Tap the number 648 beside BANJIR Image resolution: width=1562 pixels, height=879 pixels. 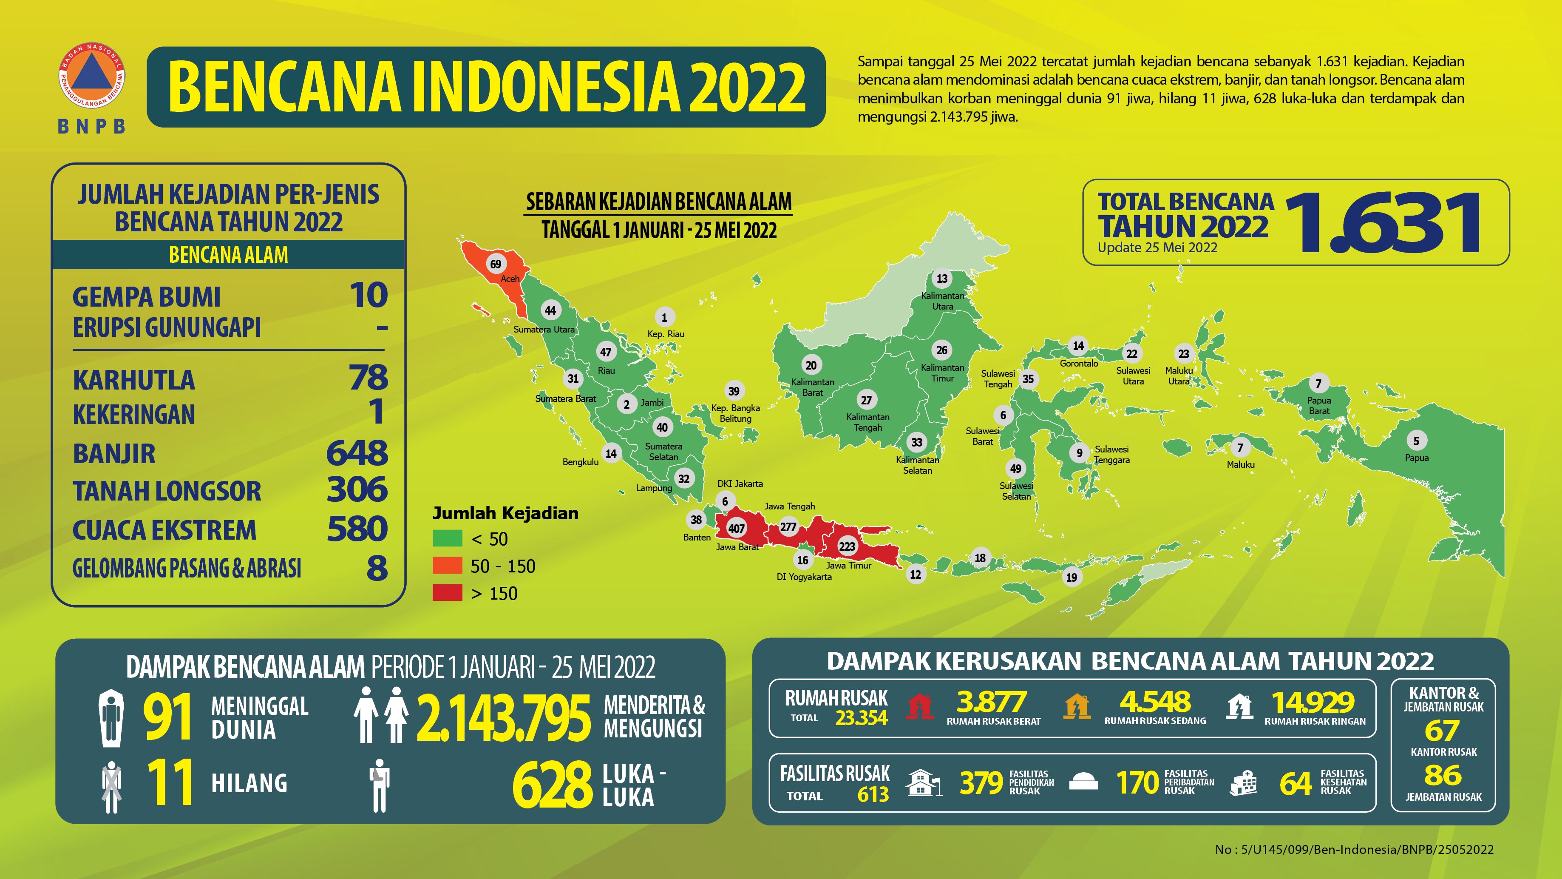click(x=357, y=453)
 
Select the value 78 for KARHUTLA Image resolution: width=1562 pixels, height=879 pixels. click(x=368, y=378)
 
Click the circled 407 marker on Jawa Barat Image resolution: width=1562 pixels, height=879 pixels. click(x=736, y=528)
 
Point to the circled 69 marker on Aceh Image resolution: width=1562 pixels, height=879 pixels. click(x=496, y=264)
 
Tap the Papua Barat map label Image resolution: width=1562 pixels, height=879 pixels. click(x=1319, y=405)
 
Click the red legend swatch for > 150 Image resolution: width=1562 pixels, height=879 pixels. click(x=448, y=593)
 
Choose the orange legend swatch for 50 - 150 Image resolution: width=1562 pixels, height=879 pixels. click(x=448, y=565)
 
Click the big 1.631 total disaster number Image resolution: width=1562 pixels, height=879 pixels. click(x=1383, y=223)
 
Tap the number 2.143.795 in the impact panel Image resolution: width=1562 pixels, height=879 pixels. click(x=503, y=718)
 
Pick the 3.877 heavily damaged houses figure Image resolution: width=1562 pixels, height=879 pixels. click(x=992, y=703)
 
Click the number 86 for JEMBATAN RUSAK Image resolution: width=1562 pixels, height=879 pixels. click(x=1443, y=775)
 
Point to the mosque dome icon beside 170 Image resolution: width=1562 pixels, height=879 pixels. click(x=1083, y=782)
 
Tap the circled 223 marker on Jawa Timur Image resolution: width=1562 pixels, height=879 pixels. click(x=847, y=546)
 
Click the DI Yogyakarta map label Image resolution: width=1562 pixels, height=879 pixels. click(x=804, y=577)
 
